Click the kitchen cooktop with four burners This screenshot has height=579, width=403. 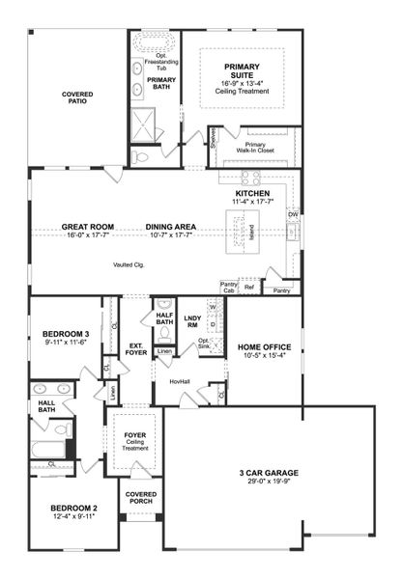(x=250, y=178)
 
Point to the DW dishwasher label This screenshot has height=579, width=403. (x=292, y=215)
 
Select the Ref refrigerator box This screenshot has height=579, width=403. (x=249, y=288)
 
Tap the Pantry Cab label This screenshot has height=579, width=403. (x=228, y=287)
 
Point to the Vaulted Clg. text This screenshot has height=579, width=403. (x=128, y=264)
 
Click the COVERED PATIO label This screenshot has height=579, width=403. (x=78, y=98)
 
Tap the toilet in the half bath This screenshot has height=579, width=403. (x=164, y=333)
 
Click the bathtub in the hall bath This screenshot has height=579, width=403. (x=47, y=449)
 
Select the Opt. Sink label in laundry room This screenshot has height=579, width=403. (x=204, y=343)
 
